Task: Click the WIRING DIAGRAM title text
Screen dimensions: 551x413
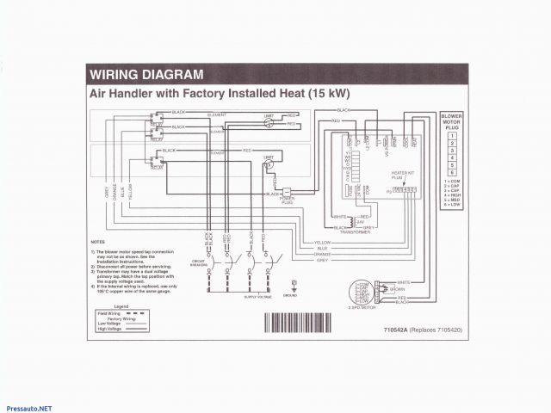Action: click(146, 74)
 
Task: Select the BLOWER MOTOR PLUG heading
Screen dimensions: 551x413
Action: click(451, 122)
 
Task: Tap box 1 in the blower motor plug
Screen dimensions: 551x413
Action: click(451, 137)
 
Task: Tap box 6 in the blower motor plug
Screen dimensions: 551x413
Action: click(451, 173)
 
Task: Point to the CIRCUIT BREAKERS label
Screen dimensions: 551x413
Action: click(200, 262)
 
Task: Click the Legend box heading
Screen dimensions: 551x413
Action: click(121, 305)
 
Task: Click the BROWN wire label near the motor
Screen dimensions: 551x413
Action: click(397, 289)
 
